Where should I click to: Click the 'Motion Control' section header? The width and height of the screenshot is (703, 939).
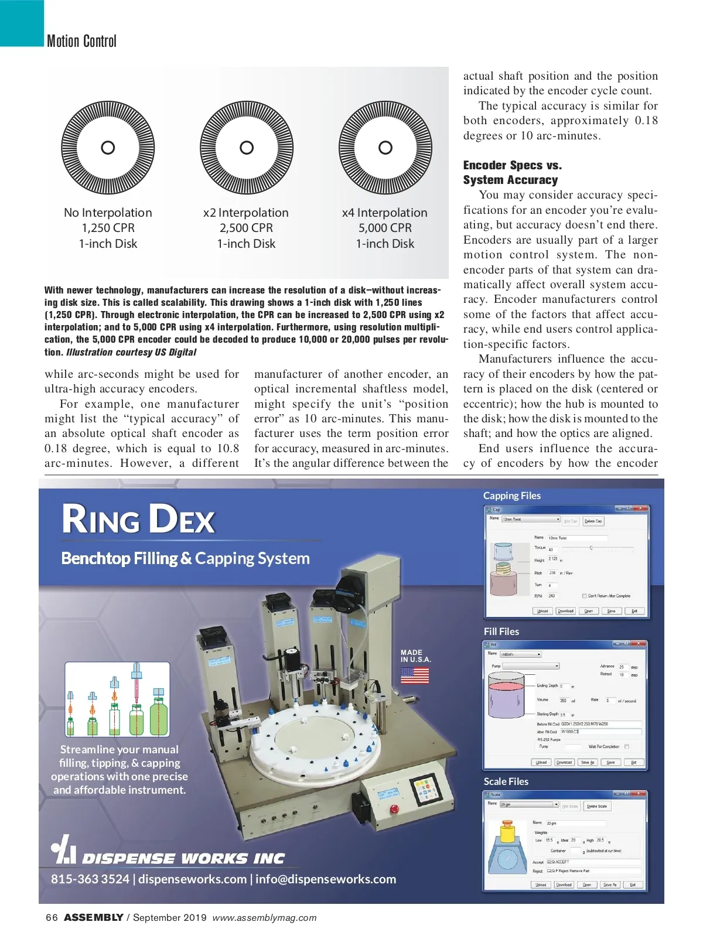[81, 41]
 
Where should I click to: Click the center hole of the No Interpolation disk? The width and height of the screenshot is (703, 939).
[108, 148]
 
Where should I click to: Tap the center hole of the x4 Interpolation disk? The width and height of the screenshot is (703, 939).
[385, 148]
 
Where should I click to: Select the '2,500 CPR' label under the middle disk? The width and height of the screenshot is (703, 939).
[246, 228]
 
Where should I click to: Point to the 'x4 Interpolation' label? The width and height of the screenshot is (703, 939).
[385, 213]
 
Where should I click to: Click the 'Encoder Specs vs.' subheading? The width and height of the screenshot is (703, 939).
[512, 165]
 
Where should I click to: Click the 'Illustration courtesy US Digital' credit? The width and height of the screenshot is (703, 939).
[131, 352]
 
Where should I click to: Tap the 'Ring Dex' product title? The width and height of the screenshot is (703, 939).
[139, 520]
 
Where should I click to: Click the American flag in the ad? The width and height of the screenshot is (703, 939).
[415, 675]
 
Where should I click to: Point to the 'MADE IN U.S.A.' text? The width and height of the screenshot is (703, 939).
[415, 655]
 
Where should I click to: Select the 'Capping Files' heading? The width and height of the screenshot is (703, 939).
[511, 496]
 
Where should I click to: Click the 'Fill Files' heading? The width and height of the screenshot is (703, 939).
[501, 631]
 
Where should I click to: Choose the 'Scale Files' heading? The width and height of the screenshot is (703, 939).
[506, 781]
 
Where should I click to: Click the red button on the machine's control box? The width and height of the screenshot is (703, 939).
[394, 809]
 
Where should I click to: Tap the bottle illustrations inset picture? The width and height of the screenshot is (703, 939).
[117, 699]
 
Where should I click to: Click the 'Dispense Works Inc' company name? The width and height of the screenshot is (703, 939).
[183, 859]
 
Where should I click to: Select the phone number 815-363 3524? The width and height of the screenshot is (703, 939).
[90, 879]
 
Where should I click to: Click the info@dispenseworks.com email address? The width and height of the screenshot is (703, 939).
[326, 879]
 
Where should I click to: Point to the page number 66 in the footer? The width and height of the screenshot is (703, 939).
[52, 917]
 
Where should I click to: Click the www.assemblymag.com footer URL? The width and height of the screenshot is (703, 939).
[264, 918]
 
